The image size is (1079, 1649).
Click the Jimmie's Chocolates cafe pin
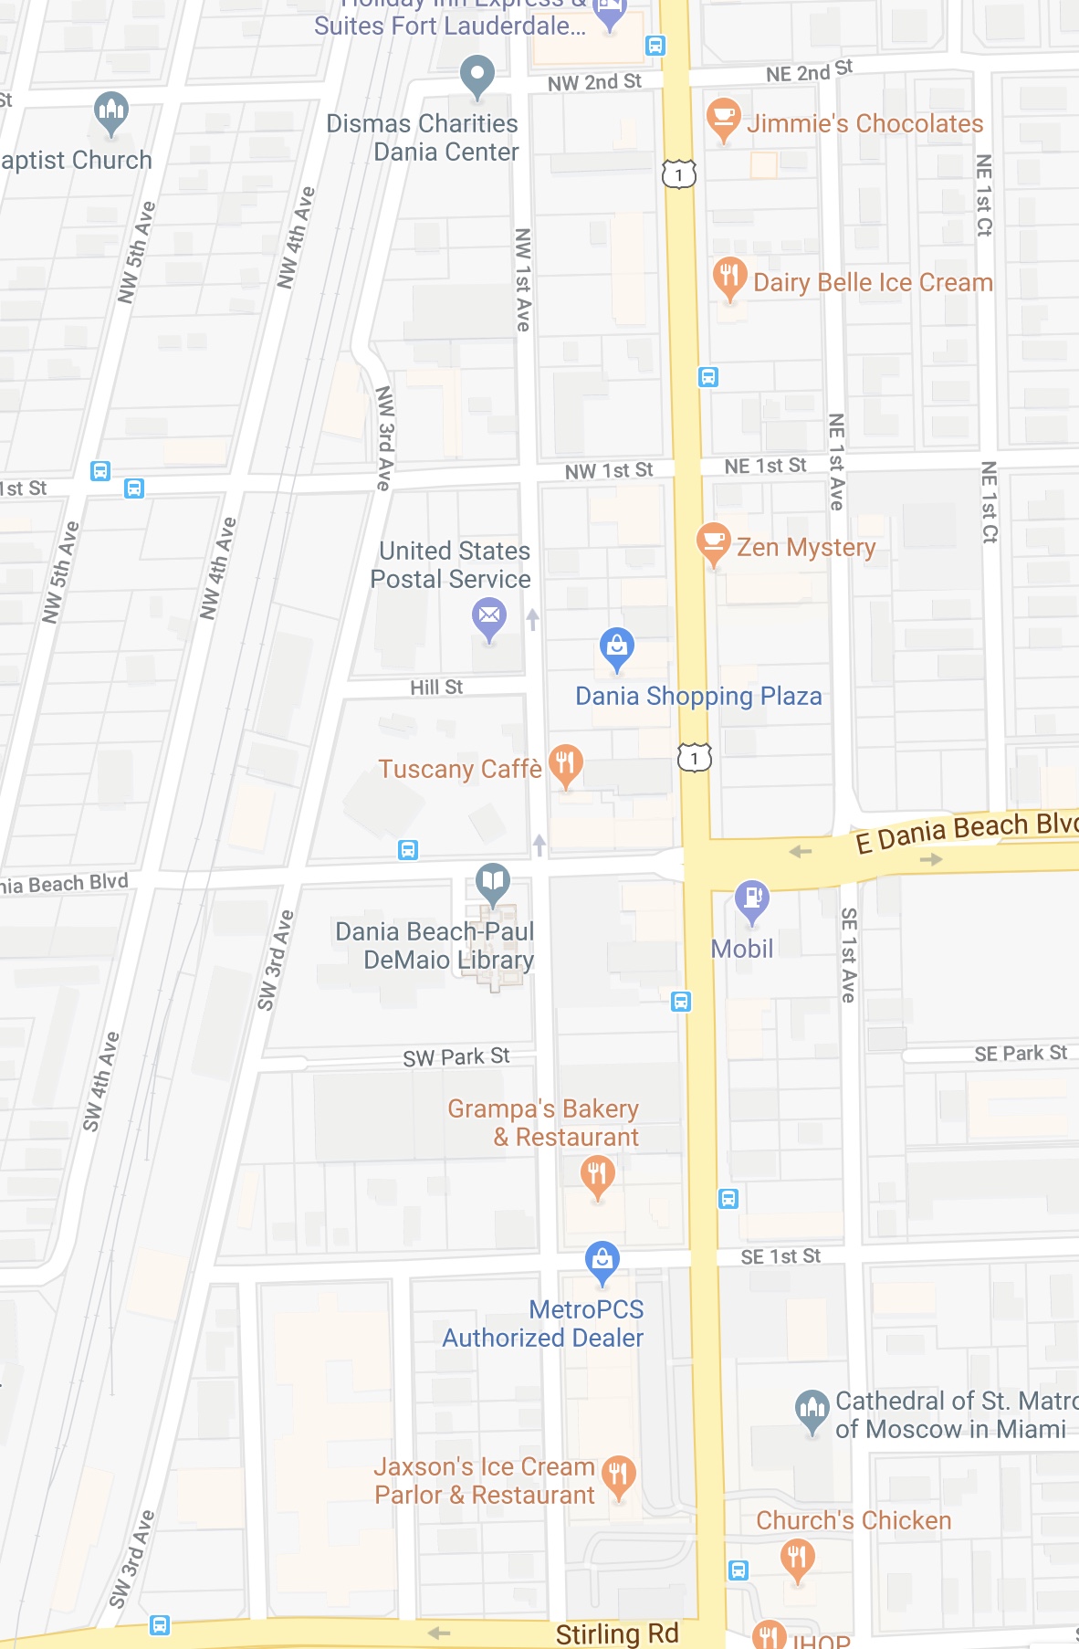tap(723, 118)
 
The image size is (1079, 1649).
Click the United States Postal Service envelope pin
tap(489, 616)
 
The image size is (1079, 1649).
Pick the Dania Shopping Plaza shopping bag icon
tap(617, 646)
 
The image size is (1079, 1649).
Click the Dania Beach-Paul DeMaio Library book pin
tap(493, 882)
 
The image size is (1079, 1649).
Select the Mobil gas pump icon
tap(752, 899)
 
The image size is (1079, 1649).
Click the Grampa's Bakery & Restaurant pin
tap(598, 1174)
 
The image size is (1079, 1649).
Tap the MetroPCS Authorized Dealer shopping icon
tap(602, 1260)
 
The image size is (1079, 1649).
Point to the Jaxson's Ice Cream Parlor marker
tap(619, 1475)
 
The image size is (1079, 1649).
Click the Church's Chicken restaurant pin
tap(798, 1557)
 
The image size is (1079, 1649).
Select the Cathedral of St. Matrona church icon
tap(812, 1410)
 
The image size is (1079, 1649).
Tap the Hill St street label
tap(436, 688)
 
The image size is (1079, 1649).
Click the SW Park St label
tap(456, 1057)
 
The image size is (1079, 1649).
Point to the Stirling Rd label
tap(617, 1633)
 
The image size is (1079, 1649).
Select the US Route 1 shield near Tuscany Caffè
tap(695, 758)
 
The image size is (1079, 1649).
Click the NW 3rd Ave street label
tap(385, 438)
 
